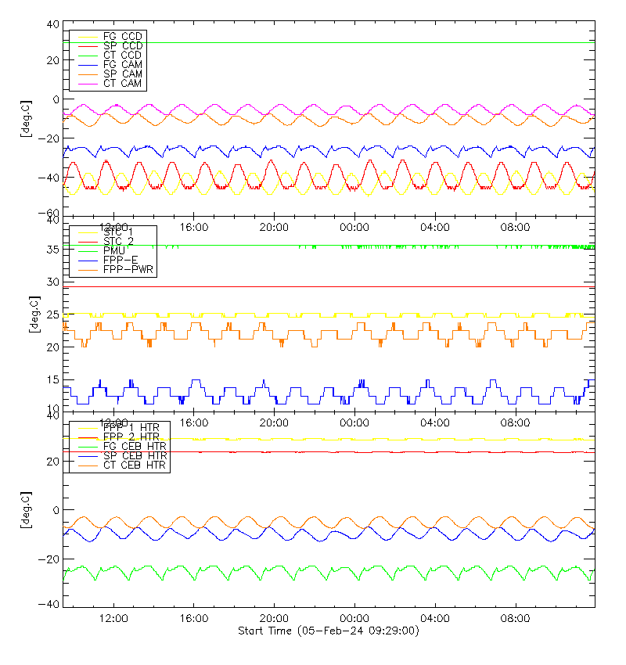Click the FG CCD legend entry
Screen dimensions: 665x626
click(x=122, y=37)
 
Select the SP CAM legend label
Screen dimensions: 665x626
click(x=122, y=74)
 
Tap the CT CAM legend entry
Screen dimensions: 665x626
click(x=122, y=83)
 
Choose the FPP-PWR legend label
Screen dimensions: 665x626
click(x=128, y=269)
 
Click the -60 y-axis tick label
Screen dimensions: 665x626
click(x=49, y=214)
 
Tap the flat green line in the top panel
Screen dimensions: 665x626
click(x=352, y=42)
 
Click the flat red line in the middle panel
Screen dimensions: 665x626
click(x=352, y=286)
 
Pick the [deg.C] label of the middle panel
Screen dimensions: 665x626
click(x=32, y=315)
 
